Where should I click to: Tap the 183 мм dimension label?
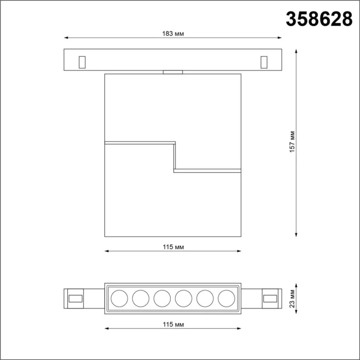[x=172, y=33]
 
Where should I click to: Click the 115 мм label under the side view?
[x=172, y=247]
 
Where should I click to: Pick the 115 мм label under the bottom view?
[x=172, y=325]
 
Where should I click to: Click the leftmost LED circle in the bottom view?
[x=119, y=298]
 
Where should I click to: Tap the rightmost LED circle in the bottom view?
[x=225, y=298]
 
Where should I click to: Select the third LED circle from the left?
[x=161, y=298]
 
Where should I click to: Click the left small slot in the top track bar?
[x=81, y=61]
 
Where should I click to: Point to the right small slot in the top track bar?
[x=264, y=61]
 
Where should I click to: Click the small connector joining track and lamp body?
[x=172, y=72]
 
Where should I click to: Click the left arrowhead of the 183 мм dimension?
[x=66, y=38]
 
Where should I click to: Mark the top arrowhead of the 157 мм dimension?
[x=297, y=51]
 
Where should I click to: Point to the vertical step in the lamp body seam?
[x=175, y=156]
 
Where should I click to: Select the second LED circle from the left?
[x=140, y=298]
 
